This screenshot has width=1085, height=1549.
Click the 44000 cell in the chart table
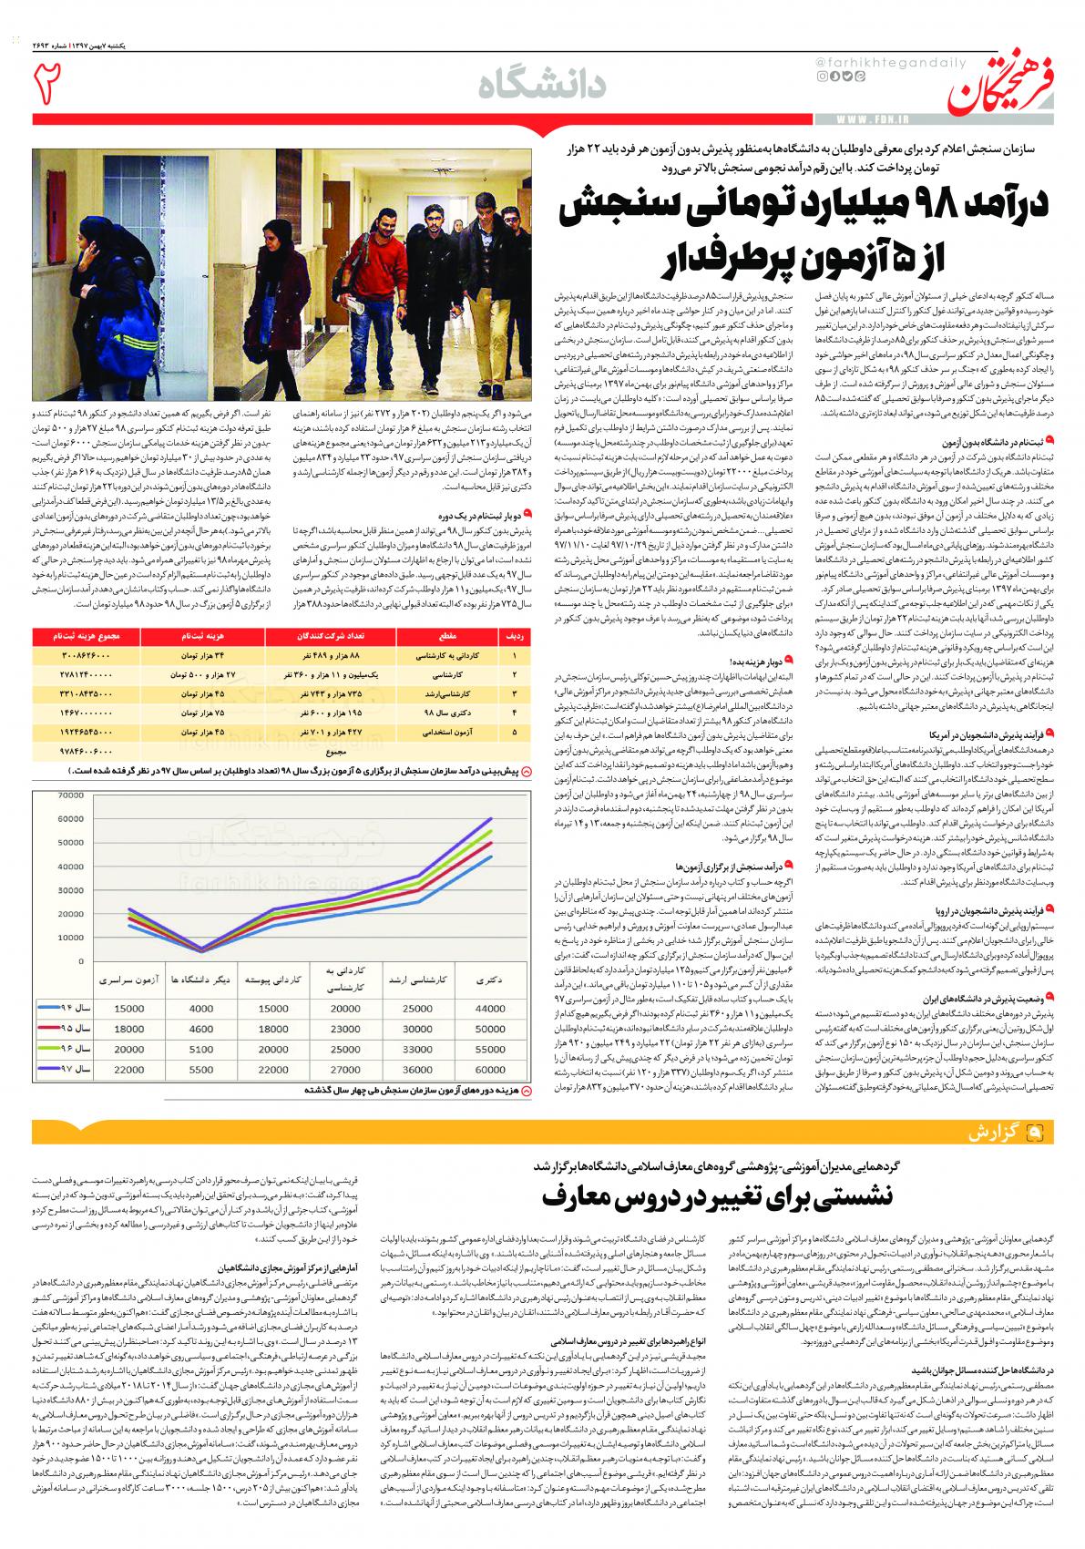pos(490,1009)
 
